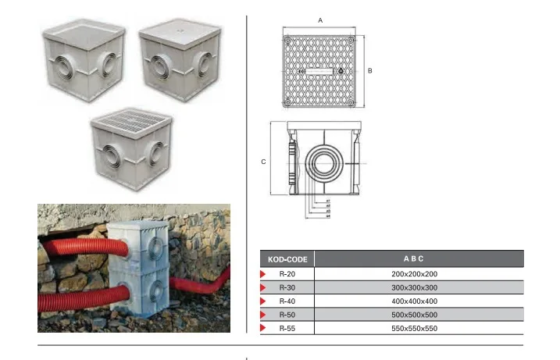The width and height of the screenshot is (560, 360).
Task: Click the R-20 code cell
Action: tap(287, 274)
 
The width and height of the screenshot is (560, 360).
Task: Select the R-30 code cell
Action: tap(287, 287)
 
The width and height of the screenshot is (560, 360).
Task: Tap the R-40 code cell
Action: tap(287, 301)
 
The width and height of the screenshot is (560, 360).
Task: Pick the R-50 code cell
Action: tap(287, 314)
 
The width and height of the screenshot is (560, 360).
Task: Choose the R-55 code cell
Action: tap(287, 328)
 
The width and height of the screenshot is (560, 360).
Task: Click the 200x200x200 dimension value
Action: tap(414, 274)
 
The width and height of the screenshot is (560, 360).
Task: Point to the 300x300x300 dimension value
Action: tap(414, 287)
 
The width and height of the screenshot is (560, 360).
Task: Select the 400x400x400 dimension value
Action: tap(414, 301)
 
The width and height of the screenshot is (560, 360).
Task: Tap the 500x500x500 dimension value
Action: tap(414, 314)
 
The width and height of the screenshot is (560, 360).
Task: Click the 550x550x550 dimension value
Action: tap(414, 328)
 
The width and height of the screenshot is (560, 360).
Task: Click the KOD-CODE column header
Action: tap(287, 258)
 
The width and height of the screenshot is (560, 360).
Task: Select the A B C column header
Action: tap(414, 258)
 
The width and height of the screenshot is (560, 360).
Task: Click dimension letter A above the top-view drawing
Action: tap(320, 18)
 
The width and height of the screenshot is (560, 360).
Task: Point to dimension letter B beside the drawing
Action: tap(369, 70)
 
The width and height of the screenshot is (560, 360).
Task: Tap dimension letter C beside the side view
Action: tap(263, 162)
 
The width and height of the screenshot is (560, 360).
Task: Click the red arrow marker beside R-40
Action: tap(263, 301)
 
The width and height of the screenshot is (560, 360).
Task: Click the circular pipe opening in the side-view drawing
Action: tap(320, 162)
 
